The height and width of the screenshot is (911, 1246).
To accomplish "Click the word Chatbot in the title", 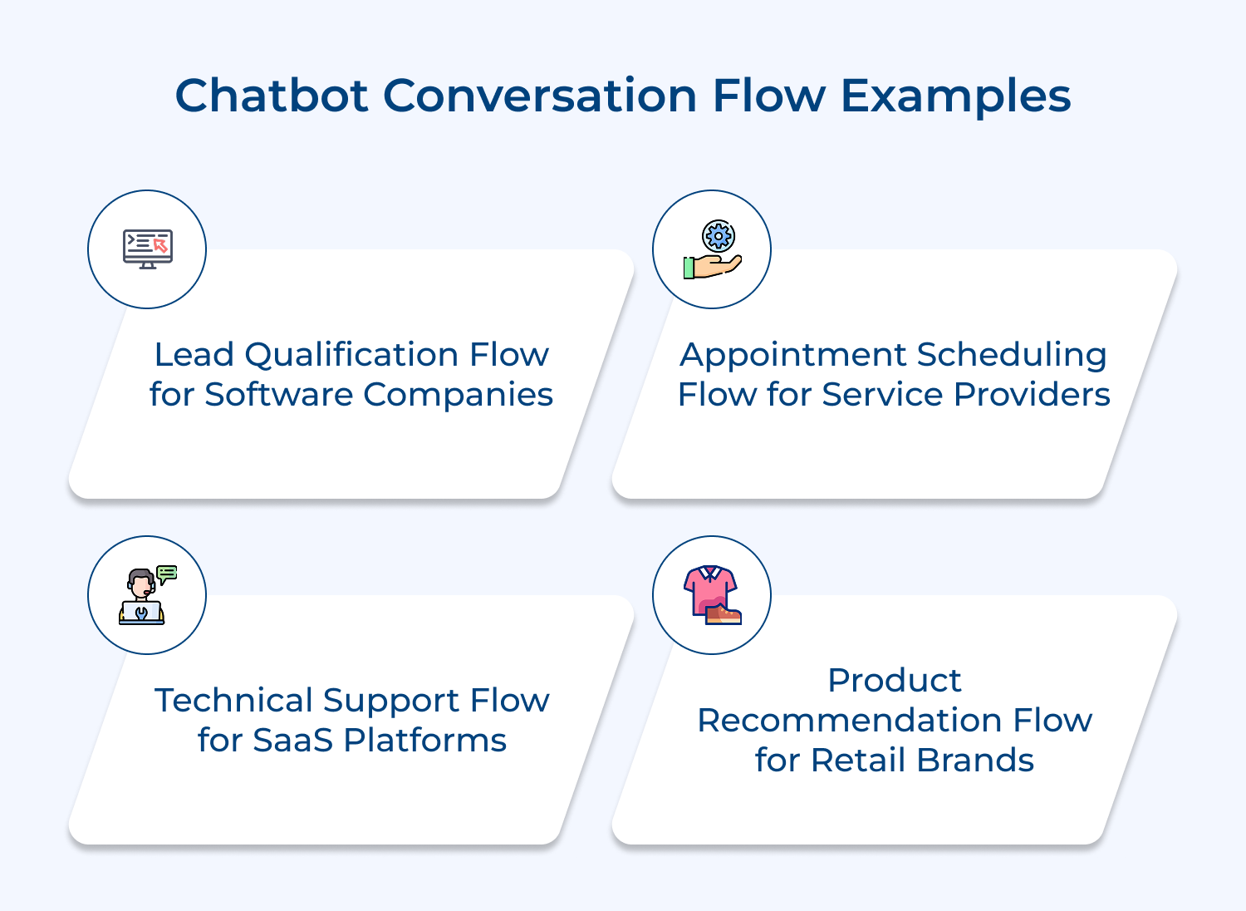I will (x=271, y=96).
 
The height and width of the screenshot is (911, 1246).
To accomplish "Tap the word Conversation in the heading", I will (x=540, y=96).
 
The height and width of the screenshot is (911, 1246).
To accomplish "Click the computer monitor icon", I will (x=148, y=249).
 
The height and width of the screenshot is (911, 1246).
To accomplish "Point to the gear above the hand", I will (x=719, y=236).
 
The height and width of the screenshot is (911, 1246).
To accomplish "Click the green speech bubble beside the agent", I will (x=167, y=574).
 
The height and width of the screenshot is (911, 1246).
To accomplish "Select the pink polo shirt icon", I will (x=709, y=588).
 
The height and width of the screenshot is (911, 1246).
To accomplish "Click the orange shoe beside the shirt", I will (x=724, y=614).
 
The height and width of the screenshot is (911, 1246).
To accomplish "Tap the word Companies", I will (x=458, y=395).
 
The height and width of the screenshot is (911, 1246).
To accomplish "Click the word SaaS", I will (x=294, y=741).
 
